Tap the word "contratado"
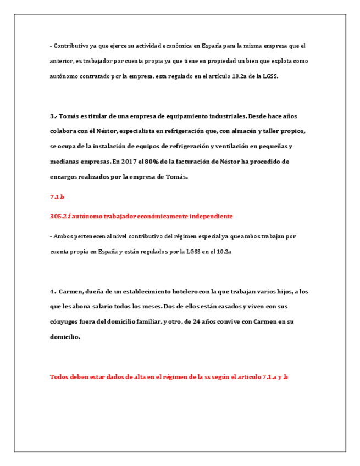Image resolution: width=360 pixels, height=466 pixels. tap(91, 76)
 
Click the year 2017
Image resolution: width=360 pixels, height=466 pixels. tap(126, 162)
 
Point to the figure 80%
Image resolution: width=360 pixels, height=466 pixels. tap(150, 162)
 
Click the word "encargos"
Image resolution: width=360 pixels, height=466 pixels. tap(65, 176)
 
